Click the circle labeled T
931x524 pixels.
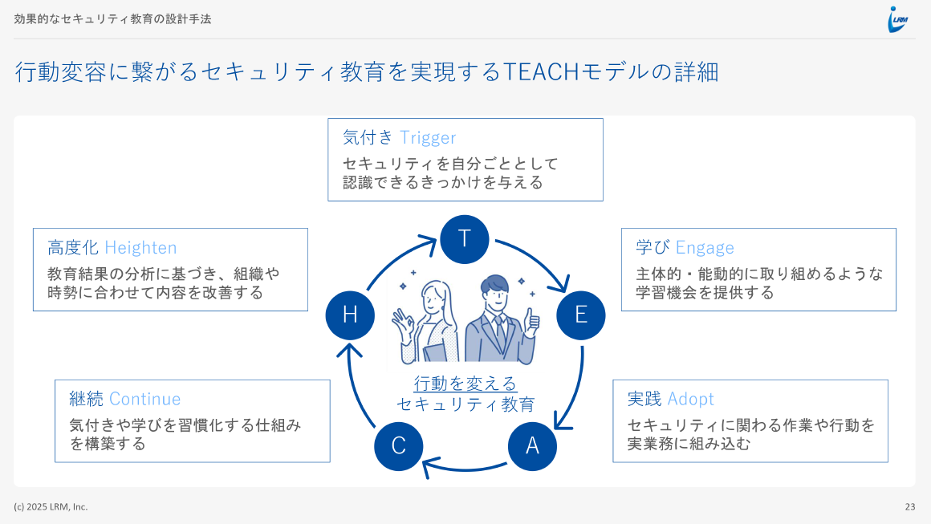(x=464, y=239)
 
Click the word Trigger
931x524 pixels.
(x=428, y=137)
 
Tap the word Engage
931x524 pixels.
(x=705, y=247)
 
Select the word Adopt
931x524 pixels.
(x=690, y=399)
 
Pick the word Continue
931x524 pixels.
(x=144, y=399)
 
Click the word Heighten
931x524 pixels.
(x=140, y=247)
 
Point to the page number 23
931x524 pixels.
(x=909, y=506)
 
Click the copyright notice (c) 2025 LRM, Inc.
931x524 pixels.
(x=51, y=506)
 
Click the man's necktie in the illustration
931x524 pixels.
(x=499, y=329)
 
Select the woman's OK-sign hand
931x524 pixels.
(x=401, y=325)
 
